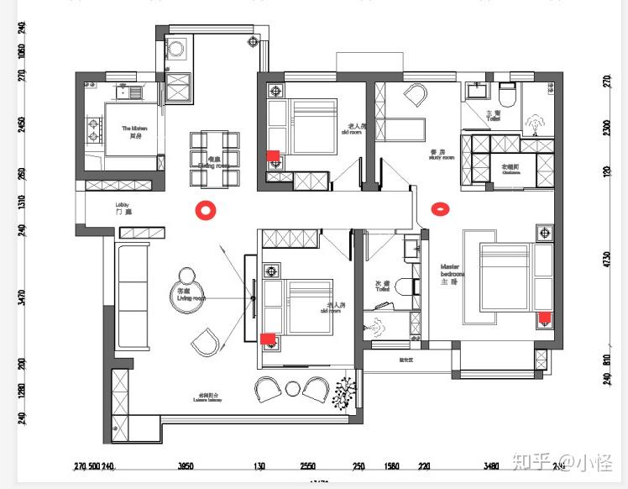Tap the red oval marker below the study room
tap(438, 208)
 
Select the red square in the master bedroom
tap(544, 318)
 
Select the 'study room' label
tap(441, 154)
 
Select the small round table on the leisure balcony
tap(292, 387)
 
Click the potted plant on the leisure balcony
tap(344, 392)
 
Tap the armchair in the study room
tap(416, 96)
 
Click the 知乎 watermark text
tap(534, 461)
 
